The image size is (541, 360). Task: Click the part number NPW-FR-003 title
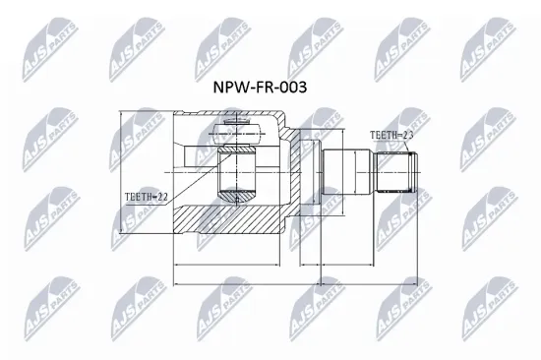pyautogui.click(x=260, y=87)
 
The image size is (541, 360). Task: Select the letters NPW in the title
pyautogui.click(x=230, y=87)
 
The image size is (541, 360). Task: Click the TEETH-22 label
pyautogui.click(x=147, y=197)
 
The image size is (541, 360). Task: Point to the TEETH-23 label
pyautogui.click(x=391, y=135)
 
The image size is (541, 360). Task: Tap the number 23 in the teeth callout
pyautogui.click(x=404, y=135)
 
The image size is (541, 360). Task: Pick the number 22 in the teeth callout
pyautogui.click(x=162, y=197)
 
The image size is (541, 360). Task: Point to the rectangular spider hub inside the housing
pyautogui.click(x=237, y=172)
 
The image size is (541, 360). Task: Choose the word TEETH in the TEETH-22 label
pyautogui.click(x=139, y=197)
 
